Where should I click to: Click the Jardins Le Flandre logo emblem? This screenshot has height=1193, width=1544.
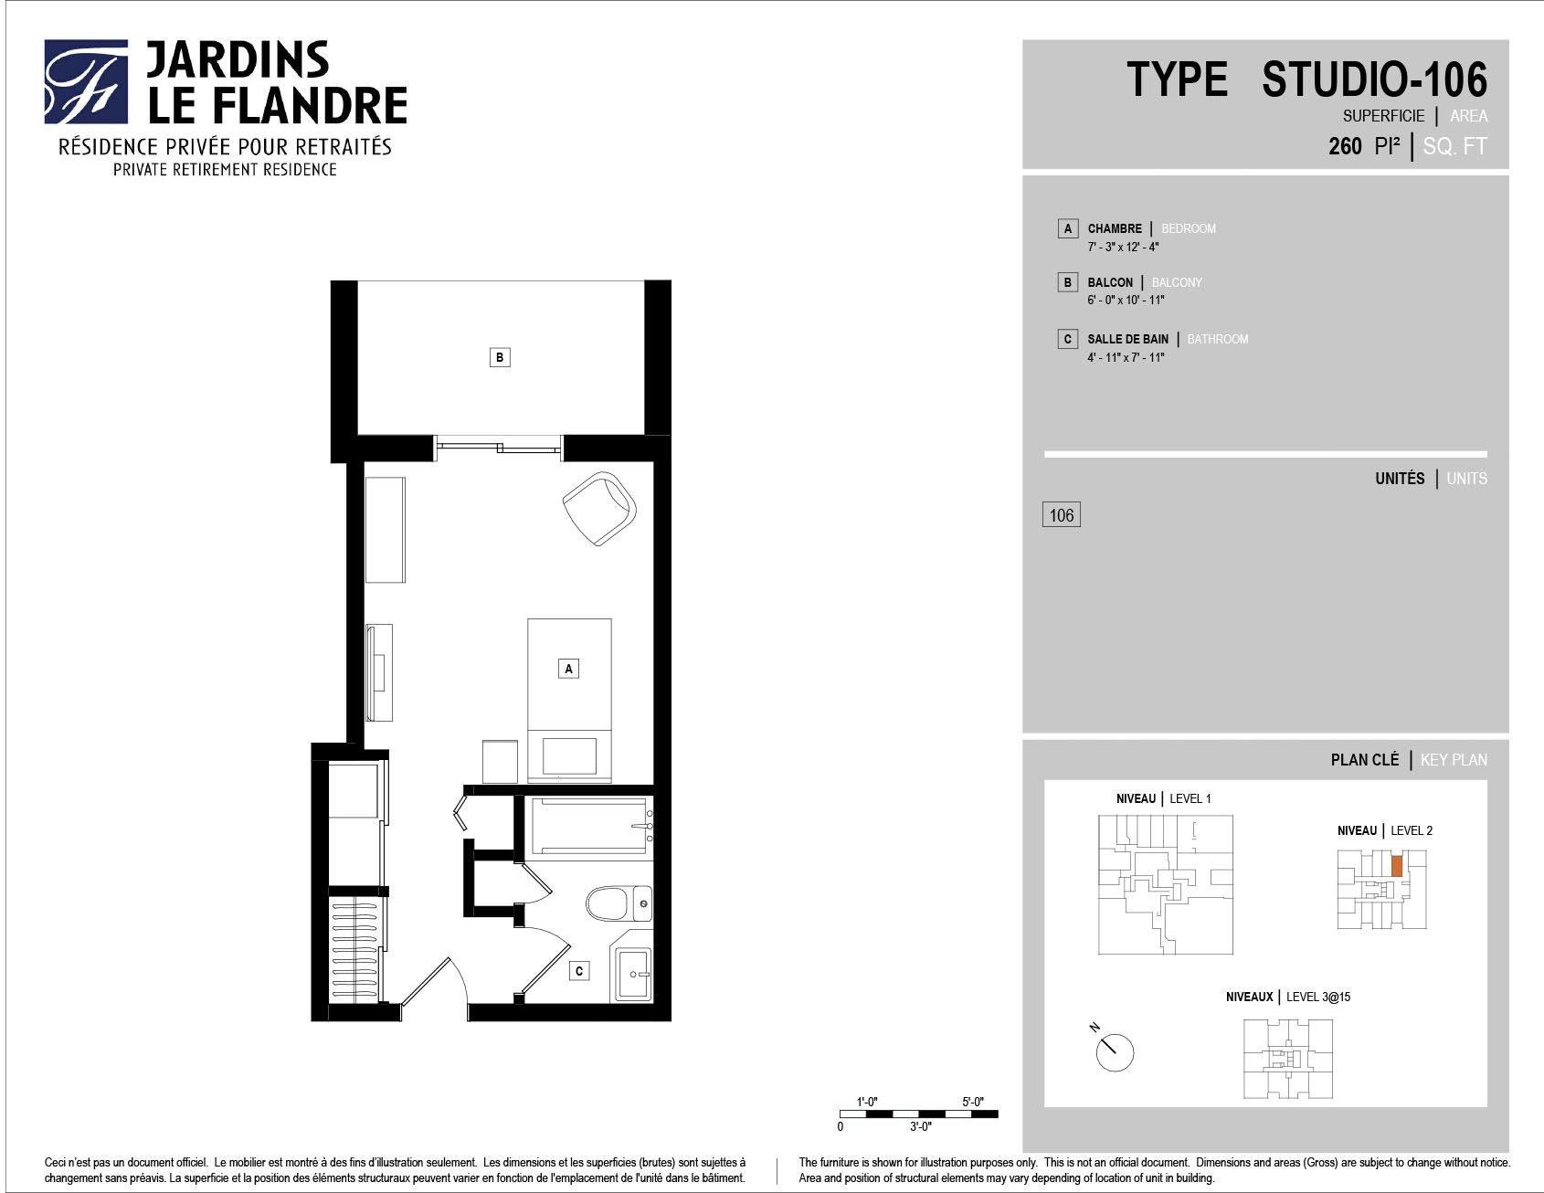click(86, 81)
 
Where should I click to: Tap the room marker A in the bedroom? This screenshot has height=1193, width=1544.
click(568, 669)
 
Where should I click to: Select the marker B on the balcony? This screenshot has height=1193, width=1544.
click(500, 357)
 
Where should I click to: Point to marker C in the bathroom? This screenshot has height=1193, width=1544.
click(579, 971)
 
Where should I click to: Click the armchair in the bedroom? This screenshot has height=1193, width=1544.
click(599, 508)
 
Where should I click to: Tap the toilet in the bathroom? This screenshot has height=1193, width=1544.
click(619, 903)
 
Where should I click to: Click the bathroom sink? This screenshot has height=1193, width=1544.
click(633, 976)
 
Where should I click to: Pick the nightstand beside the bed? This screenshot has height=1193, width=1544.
click(500, 761)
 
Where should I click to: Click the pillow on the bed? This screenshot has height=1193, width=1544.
click(569, 755)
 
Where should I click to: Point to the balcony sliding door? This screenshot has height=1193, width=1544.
click(498, 447)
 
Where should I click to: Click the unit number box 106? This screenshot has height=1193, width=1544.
click(1062, 515)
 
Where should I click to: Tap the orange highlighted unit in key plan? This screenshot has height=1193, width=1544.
click(1396, 867)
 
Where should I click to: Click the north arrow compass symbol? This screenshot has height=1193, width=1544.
click(1112, 1050)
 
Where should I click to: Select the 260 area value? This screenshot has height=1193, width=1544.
click(1345, 146)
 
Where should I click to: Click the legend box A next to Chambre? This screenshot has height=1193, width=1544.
click(1067, 228)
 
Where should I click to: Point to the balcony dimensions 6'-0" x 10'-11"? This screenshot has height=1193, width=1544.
click(1126, 301)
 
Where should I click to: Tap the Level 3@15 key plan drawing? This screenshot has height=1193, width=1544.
click(1288, 1060)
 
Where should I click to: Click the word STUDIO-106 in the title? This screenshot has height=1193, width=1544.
click(1375, 79)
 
